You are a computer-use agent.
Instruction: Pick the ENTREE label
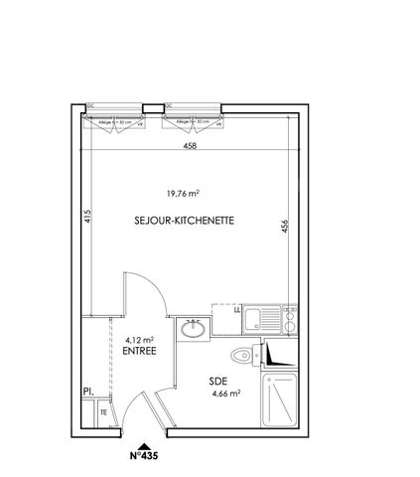140,350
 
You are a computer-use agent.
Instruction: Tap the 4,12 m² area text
140,337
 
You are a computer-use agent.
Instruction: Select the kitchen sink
260,319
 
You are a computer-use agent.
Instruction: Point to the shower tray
281,403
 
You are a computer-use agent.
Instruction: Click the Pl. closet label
87,393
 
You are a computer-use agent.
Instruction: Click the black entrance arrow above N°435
144,446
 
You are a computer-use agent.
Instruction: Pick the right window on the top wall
192,123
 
